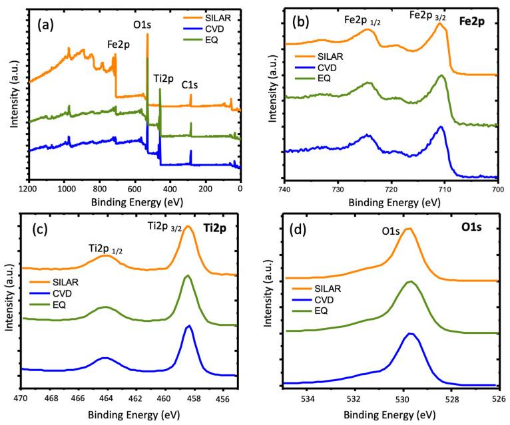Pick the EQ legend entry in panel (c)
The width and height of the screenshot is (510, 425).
[x=71, y=307]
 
